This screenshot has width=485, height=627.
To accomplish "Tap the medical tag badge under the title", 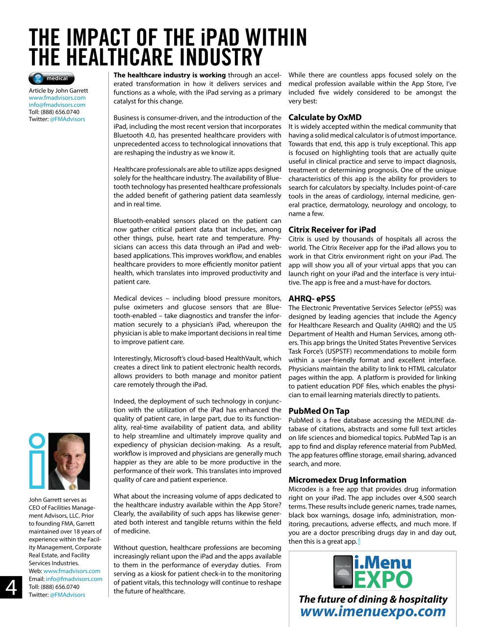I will point(51,78).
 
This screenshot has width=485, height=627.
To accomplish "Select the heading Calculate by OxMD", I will point(325,118).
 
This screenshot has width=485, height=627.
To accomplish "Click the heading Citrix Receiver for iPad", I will point(332,230).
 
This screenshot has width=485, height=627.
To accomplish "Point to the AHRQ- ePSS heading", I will point(311,298).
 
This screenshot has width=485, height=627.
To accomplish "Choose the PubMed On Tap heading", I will point(319,411).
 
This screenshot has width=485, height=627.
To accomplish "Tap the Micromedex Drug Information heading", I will point(347,480).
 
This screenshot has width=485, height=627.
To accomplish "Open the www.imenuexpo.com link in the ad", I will point(373,612).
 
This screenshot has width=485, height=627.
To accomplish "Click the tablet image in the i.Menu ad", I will point(342,572).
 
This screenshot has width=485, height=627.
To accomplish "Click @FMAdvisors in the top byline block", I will point(67,119).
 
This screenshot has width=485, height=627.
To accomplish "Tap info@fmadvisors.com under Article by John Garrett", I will point(57,105).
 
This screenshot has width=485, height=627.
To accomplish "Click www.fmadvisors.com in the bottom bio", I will point(72,571).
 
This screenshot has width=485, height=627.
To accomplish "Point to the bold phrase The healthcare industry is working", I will point(169,75).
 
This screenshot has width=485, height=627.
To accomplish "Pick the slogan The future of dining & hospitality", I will point(373,599).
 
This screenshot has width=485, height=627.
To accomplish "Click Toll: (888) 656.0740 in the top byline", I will point(54,112).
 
